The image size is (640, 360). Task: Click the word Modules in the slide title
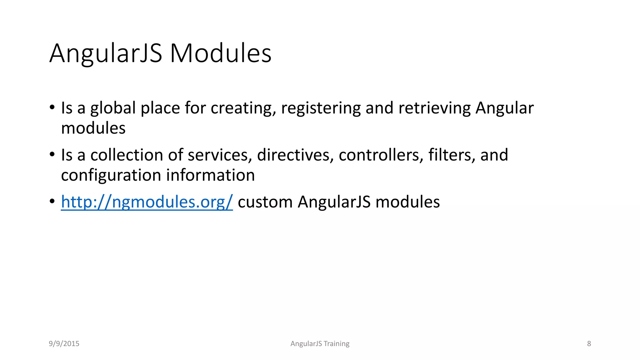221,53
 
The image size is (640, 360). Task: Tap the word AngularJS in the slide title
106,53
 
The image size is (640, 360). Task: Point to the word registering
321,108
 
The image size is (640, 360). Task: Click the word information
210,175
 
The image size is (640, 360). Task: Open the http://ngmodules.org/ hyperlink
147,202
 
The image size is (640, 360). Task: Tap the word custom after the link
265,202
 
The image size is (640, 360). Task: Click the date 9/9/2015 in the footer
64,344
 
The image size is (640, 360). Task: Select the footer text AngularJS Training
320,344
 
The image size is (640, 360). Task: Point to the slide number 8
589,344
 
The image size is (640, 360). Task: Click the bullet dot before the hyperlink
52,201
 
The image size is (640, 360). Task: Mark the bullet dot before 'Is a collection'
52,154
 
